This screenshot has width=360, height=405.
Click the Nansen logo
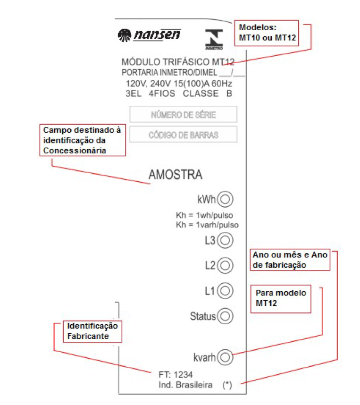[x=149, y=35]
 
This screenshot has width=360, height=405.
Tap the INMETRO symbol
[x=214, y=39]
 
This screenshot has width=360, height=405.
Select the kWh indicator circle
[x=225, y=199]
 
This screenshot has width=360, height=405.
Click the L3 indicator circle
[x=225, y=240]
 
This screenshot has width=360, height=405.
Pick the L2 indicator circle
[x=225, y=265]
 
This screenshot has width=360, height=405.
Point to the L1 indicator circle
[x=225, y=291]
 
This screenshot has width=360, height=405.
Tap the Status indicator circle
[x=225, y=316]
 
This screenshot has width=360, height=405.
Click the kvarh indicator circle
[x=225, y=357]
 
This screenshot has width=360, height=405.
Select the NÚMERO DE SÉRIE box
[x=184, y=114]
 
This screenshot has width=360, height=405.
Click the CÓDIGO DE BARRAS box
[x=183, y=135]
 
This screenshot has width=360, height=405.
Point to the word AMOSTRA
[x=176, y=175]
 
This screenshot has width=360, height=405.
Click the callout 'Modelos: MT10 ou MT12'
[x=267, y=33]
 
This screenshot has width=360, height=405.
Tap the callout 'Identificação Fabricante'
[x=92, y=332]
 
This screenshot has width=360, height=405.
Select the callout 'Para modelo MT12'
[x=281, y=299]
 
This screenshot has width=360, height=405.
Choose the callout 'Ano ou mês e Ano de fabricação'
[x=290, y=260]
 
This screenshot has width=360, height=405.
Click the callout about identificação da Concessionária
[x=83, y=140]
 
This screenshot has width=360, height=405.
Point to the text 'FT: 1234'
[x=176, y=374]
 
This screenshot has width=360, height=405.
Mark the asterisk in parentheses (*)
[x=227, y=385]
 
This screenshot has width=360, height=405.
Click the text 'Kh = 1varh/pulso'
[x=207, y=225]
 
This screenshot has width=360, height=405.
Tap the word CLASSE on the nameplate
[x=201, y=93]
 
